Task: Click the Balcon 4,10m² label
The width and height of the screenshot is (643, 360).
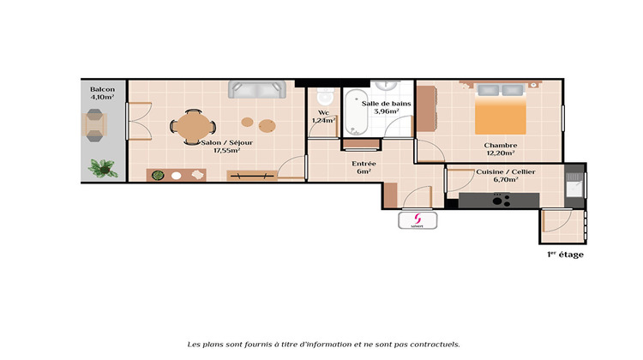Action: coord(103,93)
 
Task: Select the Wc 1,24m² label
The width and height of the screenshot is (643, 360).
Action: coord(323,117)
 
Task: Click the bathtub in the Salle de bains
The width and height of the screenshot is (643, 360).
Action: coord(354,117)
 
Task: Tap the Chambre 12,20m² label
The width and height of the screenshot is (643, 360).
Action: coord(500,149)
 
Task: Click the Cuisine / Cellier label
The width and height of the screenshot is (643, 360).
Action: coord(505,176)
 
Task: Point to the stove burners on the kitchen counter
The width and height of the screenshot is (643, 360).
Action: coord(501,200)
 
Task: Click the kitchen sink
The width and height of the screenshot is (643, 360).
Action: coord(573,184)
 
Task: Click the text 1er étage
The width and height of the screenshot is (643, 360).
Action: coord(565,255)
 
